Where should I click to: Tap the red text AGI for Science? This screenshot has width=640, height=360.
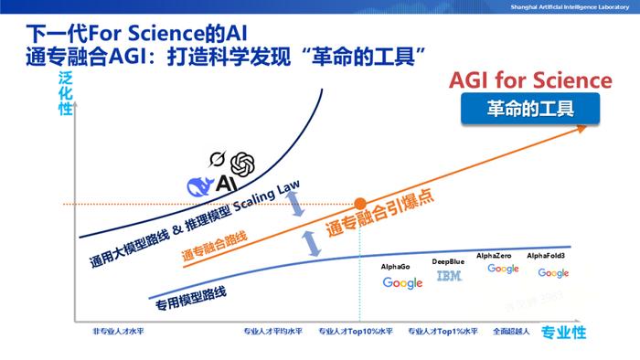[x=529, y=80]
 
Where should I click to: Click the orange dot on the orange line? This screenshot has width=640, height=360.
[x=360, y=203]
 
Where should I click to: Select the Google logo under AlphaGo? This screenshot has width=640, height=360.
[x=402, y=282]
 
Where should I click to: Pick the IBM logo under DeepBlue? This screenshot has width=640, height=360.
[x=448, y=275]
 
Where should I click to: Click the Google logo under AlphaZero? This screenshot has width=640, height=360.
[x=503, y=269]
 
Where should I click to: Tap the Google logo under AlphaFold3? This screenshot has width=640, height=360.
[x=553, y=272]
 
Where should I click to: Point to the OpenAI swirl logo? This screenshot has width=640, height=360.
[x=242, y=164]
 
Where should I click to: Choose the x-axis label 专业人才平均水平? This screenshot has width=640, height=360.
[x=272, y=332]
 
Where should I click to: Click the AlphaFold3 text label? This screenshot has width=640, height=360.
[x=551, y=257]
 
